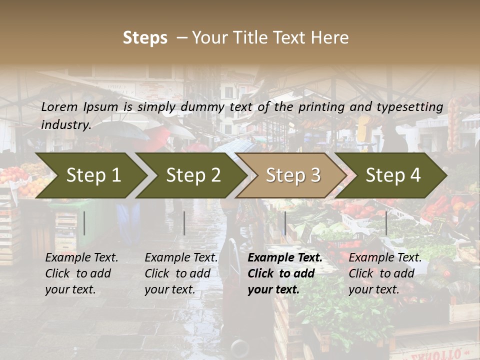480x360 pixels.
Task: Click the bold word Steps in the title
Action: (145, 38)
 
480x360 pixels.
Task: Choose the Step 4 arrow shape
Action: (392, 175)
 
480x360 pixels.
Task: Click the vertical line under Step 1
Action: (84, 223)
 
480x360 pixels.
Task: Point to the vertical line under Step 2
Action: (184, 223)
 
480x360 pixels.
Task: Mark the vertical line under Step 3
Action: (285, 223)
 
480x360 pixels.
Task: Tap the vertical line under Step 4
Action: (386, 223)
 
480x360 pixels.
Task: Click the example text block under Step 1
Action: (81, 273)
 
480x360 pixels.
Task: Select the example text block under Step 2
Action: (181, 273)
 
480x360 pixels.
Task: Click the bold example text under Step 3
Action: (284, 273)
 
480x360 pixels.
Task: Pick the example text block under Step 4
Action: (385, 273)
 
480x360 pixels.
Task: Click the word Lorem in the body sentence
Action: (59, 106)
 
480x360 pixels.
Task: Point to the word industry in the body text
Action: (66, 124)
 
